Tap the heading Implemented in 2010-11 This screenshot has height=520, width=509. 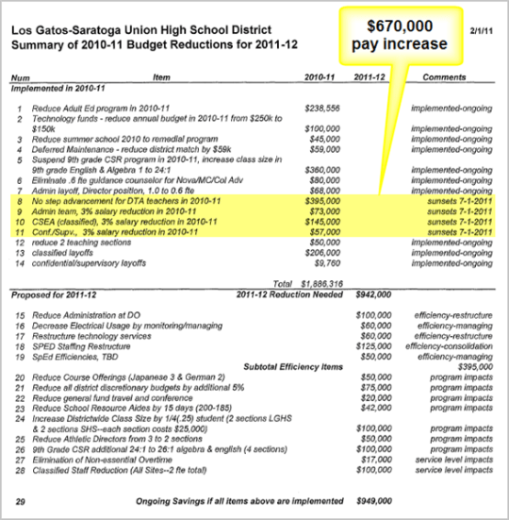pos(57,87)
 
